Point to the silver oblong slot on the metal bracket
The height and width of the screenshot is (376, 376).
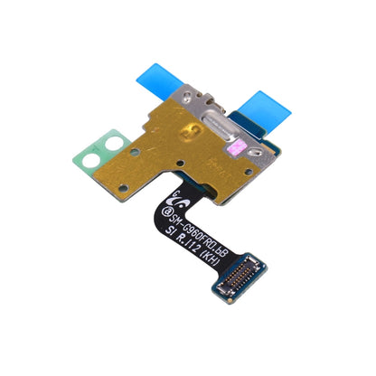229,127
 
